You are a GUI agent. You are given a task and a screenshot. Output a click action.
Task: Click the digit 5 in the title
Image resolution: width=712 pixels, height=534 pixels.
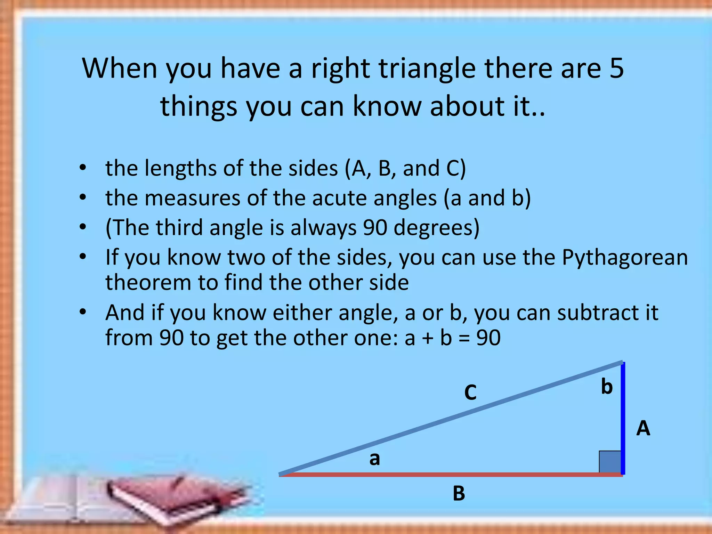tap(616, 68)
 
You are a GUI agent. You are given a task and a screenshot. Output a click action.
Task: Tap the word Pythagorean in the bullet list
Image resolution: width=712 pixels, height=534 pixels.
tap(625, 258)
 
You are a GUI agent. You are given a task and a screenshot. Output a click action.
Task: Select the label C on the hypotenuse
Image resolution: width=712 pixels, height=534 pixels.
tap(470, 393)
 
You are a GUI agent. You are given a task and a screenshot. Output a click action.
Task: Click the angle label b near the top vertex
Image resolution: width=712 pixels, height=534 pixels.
tap(607, 387)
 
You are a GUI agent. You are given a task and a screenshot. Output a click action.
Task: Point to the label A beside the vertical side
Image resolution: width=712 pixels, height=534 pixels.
tap(643, 428)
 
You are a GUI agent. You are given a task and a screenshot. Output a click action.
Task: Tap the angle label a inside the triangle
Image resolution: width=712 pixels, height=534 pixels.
tap(374, 459)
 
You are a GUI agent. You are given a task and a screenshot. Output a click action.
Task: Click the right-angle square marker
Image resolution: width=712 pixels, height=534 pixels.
tap(610, 462)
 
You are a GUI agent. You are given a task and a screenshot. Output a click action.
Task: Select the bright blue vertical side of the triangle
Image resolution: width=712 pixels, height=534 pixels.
tap(623, 417)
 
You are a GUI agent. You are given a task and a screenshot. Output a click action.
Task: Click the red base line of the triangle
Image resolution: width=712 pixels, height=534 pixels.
tap(452, 475)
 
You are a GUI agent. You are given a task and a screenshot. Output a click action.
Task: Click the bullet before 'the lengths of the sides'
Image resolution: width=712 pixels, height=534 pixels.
tap(82, 168)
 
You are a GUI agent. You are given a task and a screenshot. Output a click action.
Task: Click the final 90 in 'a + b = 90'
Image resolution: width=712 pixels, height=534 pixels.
tap(488, 338)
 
